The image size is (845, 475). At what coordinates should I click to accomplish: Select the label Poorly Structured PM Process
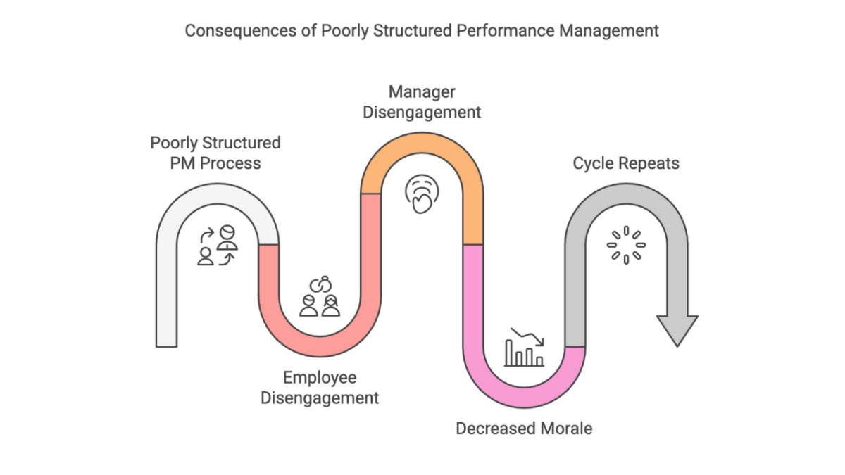pyautogui.click(x=215, y=153)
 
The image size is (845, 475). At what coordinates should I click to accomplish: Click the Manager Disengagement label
pyautogui.click(x=422, y=102)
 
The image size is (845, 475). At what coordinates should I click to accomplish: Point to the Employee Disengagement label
pyautogui.click(x=320, y=388)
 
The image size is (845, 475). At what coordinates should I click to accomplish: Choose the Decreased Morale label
pyautogui.click(x=524, y=428)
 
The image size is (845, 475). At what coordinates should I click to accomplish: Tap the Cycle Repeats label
pyautogui.click(x=626, y=164)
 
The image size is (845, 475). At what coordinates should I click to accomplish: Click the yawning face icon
pyautogui.click(x=422, y=195)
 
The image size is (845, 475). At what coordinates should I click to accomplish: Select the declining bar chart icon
pyautogui.click(x=525, y=348)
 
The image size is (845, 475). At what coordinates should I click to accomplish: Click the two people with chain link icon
pyautogui.click(x=320, y=296)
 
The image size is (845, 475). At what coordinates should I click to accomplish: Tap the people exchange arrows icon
pyautogui.click(x=217, y=246)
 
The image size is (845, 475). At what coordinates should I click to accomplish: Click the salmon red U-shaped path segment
pyautogui.click(x=320, y=345)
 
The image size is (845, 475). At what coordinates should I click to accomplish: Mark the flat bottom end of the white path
pyautogui.click(x=166, y=343)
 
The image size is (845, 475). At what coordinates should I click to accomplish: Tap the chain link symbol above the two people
pyautogui.click(x=320, y=284)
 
